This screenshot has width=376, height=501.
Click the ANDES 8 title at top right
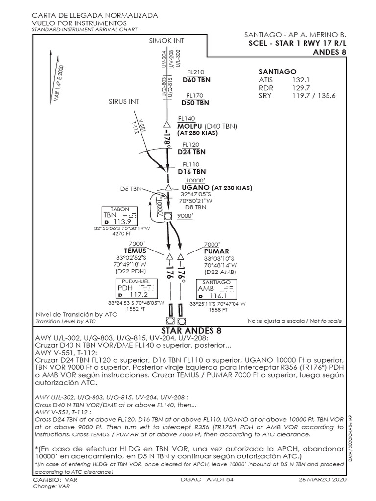(329, 52)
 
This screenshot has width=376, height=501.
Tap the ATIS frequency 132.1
(301, 79)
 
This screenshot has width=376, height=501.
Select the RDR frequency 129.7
(301, 88)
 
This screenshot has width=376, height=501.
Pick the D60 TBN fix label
(196, 79)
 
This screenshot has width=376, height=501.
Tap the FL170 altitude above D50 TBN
(195, 95)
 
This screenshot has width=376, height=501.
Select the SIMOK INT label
(166, 41)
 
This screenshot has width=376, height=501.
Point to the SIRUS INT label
(124, 101)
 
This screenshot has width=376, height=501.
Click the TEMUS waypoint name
(135, 250)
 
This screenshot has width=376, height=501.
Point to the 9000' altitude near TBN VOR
(186, 215)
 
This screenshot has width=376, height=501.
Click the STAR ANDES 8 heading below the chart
(188, 331)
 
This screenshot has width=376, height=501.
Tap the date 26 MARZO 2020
(322, 480)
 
